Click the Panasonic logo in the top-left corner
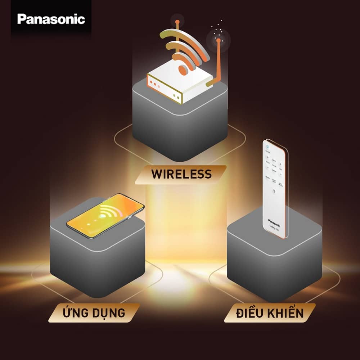pyautogui.click(x=51, y=19)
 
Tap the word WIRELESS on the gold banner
pyautogui.click(x=181, y=174)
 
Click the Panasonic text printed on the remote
pyautogui.click(x=274, y=220)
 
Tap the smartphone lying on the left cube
pyautogui.click(x=105, y=216)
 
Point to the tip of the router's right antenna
pyautogui.click(x=217, y=41)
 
